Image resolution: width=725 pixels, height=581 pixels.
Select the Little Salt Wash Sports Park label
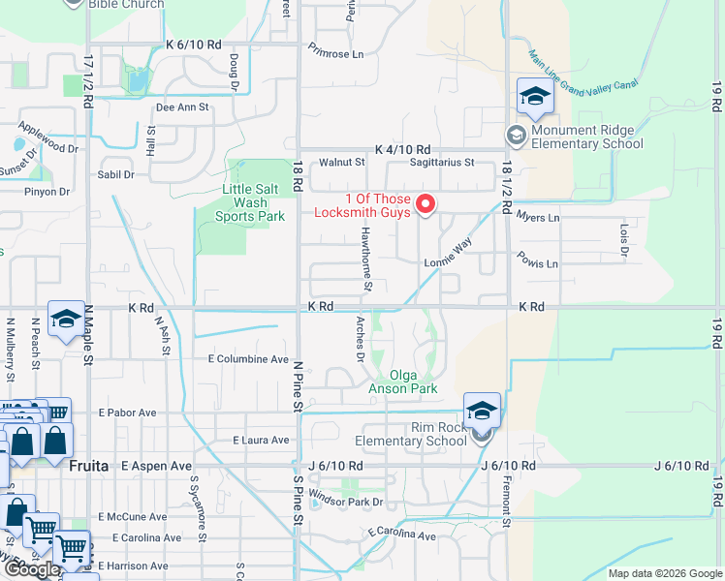click(240, 202)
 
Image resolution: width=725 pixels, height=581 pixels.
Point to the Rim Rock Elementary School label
click(411, 433)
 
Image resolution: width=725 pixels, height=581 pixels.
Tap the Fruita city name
click(88, 465)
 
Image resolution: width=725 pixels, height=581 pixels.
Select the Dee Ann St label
click(182, 107)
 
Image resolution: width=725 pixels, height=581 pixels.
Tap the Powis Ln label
click(539, 263)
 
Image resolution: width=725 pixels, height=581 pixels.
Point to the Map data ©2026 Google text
click(664, 573)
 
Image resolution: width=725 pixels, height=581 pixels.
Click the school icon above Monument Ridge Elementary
click(534, 97)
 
